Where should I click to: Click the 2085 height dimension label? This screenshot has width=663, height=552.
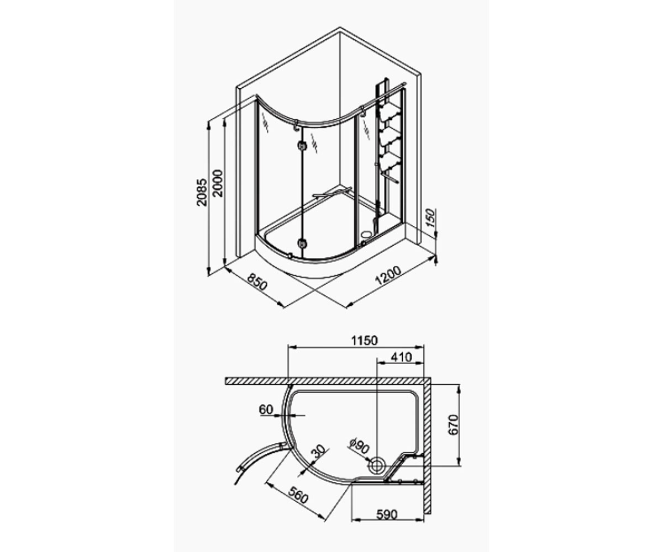click(x=202, y=193)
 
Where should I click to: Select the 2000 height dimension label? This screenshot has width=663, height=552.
click(x=218, y=183)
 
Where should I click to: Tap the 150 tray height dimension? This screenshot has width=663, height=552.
click(x=430, y=217)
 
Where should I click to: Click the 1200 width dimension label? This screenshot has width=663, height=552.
click(x=388, y=275)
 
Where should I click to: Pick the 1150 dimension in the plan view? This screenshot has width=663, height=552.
click(x=364, y=341)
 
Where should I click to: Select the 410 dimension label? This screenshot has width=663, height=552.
click(x=401, y=357)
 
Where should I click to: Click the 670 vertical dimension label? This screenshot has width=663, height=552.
click(x=454, y=425)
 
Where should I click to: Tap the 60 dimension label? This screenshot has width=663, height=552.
click(x=266, y=410)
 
